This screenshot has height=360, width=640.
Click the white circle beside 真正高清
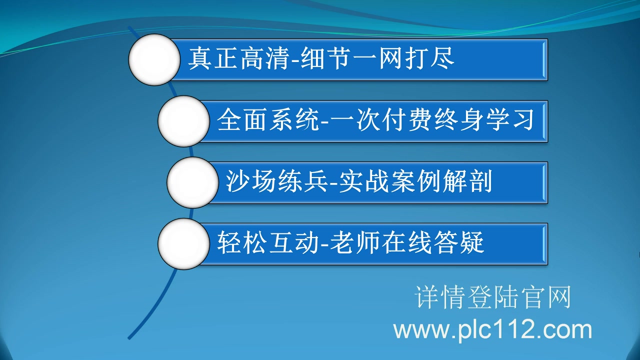click(x=154, y=59)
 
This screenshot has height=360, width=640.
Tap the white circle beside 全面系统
click(x=183, y=121)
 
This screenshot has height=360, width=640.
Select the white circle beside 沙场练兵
click(x=192, y=182)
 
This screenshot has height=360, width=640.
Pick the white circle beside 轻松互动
click(x=183, y=244)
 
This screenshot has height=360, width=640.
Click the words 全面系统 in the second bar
click(x=267, y=121)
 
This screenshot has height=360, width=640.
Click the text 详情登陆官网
click(x=492, y=298)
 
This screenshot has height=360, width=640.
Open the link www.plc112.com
click(x=492, y=330)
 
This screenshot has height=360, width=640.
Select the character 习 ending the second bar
click(x=522, y=121)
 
